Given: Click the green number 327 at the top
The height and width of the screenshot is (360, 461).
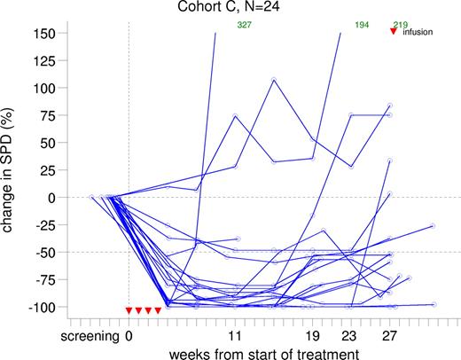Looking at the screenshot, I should (x=244, y=25).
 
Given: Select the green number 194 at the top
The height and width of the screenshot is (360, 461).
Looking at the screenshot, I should (x=362, y=25).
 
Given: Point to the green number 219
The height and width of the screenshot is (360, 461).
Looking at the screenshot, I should (x=400, y=25).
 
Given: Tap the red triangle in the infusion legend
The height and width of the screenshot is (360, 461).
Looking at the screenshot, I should (x=394, y=32).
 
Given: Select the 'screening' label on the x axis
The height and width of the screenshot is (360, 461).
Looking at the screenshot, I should (x=91, y=336).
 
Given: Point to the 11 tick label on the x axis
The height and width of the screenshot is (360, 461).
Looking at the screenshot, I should (x=235, y=336).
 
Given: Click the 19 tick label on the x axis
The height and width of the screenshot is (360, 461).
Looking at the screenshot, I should (x=312, y=336).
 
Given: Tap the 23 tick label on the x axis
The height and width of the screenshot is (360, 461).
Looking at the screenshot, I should (x=351, y=336).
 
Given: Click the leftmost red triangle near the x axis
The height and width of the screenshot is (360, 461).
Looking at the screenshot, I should (x=129, y=310).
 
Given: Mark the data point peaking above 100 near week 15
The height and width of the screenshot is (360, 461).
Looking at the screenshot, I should (x=274, y=80).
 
